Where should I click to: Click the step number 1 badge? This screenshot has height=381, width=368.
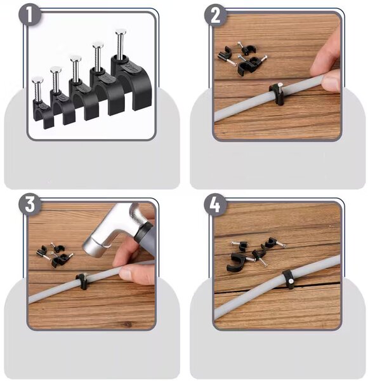(x=30, y=15)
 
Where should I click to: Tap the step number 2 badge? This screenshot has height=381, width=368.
(x=216, y=15)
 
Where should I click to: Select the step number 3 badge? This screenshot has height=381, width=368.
(x=30, y=204)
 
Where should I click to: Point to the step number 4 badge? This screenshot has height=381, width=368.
(x=215, y=204)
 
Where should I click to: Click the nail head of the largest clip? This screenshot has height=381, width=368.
(x=121, y=32)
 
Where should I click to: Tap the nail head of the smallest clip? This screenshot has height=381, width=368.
(x=37, y=80)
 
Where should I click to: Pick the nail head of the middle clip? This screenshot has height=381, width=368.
(x=76, y=58)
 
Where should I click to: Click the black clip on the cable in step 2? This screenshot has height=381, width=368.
(x=277, y=94)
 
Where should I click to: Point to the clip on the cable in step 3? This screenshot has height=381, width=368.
(x=82, y=281)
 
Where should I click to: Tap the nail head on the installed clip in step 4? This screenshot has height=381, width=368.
(x=291, y=281)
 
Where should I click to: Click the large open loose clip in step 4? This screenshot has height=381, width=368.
(x=236, y=263)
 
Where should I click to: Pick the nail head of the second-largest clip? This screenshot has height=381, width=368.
(x=98, y=44)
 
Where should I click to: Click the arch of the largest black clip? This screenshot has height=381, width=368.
(x=133, y=80)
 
